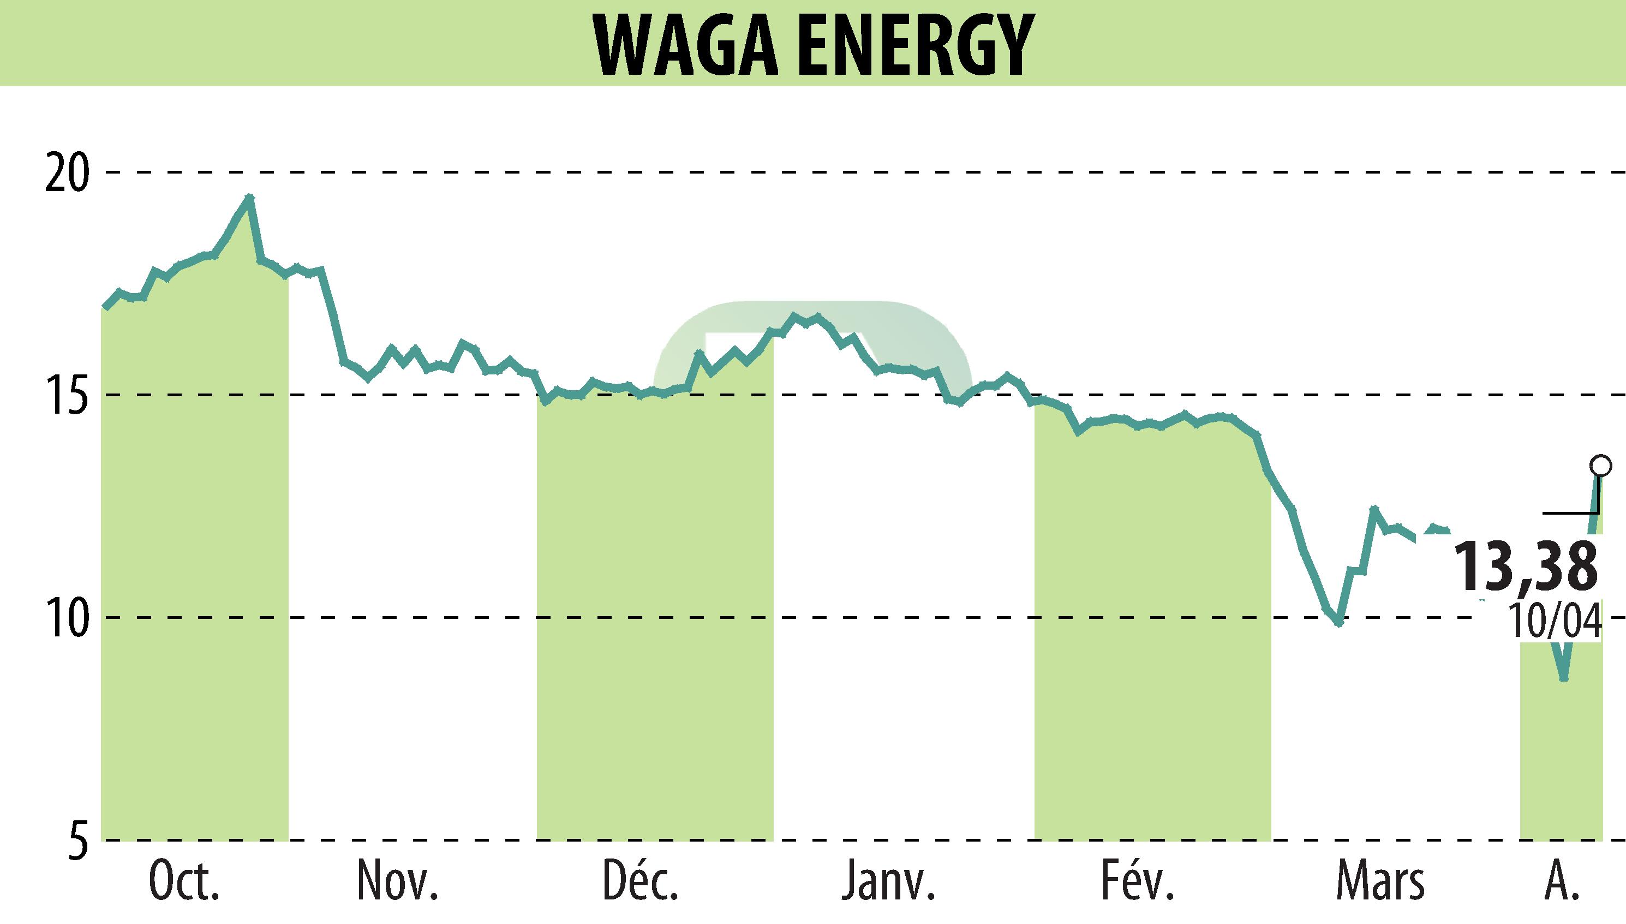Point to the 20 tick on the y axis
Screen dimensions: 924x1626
point(65,172)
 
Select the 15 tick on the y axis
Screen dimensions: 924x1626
point(65,395)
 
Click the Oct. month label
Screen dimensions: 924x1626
point(184,883)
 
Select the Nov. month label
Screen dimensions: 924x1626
point(398,883)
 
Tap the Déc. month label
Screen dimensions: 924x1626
point(641,883)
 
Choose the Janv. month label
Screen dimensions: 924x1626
point(888,883)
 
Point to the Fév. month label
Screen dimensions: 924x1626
point(1138,883)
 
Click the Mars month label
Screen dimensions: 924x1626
point(1380,883)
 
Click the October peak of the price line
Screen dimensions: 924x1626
point(250,198)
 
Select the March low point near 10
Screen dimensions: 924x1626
point(1338,624)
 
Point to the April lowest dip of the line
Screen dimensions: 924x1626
point(1564,678)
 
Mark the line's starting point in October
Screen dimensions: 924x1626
point(106,307)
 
